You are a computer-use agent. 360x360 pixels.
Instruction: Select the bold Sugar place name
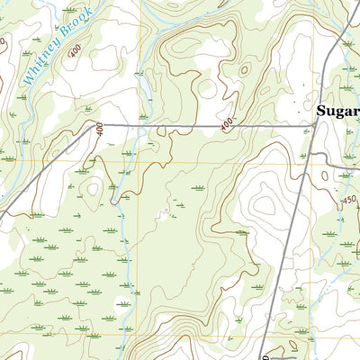pyautogui.click(x=337, y=112)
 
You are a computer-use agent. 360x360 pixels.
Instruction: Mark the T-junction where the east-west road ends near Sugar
pyautogui.click(x=312, y=126)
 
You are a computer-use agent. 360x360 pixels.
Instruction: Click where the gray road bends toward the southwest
pyautogui.click(x=90, y=126)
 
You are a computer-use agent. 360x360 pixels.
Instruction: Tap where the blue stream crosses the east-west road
pyautogui.click(x=137, y=126)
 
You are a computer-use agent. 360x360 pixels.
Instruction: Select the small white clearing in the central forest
pyautogui.click(x=165, y=213)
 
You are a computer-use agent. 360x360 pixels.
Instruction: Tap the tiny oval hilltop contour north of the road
pyautogui.click(x=244, y=68)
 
